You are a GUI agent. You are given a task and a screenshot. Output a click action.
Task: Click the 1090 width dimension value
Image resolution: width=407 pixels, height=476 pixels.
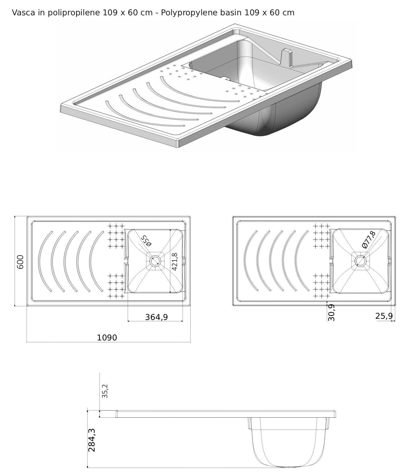(107, 338)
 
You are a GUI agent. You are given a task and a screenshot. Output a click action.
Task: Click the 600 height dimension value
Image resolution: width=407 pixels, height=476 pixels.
(21, 262)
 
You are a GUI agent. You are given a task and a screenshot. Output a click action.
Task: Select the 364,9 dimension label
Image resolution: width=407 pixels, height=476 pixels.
(156, 317)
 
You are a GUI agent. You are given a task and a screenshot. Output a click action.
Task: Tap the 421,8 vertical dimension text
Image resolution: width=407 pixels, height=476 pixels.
(174, 262)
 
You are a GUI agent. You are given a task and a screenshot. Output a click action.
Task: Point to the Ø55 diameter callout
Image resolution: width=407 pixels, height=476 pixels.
(146, 241)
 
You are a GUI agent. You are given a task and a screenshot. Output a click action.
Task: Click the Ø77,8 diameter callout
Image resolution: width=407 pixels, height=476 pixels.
(369, 240)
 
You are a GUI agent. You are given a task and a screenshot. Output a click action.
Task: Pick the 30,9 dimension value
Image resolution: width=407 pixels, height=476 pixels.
(331, 312)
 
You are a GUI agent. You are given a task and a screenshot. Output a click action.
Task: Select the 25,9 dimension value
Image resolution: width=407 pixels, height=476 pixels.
(384, 316)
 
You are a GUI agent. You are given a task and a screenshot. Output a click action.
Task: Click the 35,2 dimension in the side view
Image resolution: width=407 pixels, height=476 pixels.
(105, 391)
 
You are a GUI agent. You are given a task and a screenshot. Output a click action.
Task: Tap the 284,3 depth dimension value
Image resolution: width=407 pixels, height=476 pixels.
(91, 440)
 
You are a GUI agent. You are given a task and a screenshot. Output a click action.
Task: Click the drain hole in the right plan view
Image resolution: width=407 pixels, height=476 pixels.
(360, 261)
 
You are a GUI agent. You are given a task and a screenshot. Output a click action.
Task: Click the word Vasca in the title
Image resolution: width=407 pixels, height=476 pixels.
(23, 13)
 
